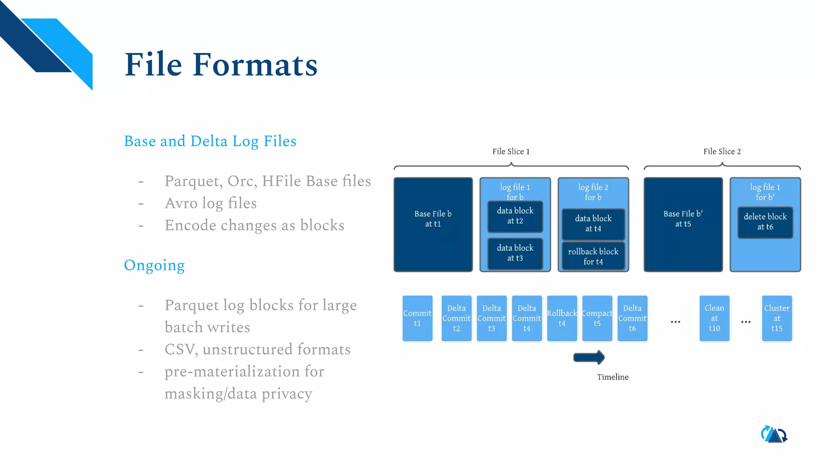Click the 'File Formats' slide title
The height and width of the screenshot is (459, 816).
click(x=221, y=65)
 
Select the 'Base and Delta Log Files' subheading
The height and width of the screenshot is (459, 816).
click(x=210, y=141)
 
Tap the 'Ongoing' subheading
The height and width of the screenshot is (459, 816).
click(x=154, y=265)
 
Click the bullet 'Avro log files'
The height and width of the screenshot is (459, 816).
click(x=211, y=203)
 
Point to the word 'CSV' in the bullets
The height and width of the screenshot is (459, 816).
click(x=180, y=349)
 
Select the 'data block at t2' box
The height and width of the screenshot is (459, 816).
click(x=515, y=216)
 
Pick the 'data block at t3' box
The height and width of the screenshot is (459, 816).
click(x=515, y=253)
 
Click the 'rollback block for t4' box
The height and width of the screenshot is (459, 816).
click(x=593, y=257)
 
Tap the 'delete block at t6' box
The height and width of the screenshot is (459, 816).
click(x=765, y=222)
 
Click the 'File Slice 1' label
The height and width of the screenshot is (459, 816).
click(x=511, y=151)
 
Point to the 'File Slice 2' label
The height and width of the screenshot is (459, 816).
click(x=722, y=151)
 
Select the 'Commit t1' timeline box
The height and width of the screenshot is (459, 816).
click(x=417, y=318)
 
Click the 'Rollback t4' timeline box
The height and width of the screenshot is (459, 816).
click(x=562, y=318)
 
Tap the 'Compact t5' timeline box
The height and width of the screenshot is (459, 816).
click(x=597, y=318)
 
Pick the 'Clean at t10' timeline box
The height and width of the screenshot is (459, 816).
click(x=714, y=318)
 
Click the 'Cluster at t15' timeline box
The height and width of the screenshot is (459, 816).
click(x=777, y=318)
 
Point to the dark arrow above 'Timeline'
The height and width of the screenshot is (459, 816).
click(x=589, y=357)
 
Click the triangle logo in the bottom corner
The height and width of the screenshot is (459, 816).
click(x=774, y=435)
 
